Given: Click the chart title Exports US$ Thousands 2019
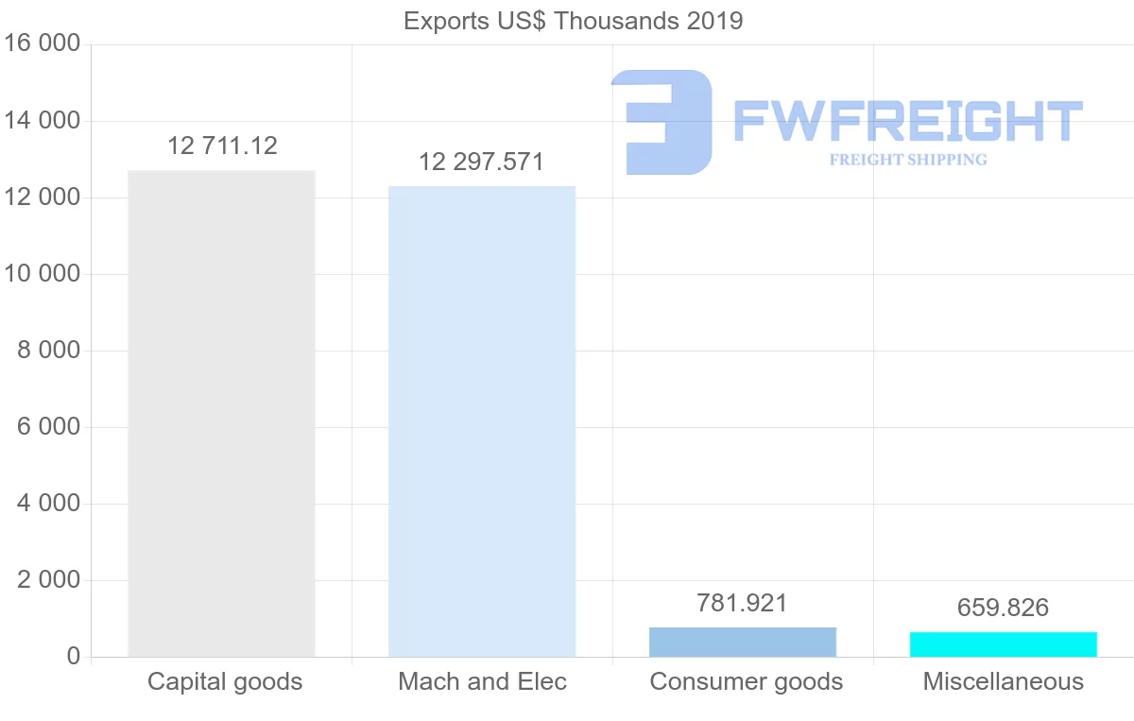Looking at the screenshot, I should (573, 21).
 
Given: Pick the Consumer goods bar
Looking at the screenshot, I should (743, 642).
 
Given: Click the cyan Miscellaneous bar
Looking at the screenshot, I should (1003, 644).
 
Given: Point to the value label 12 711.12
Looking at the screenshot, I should (223, 146).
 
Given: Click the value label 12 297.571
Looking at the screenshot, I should (482, 162).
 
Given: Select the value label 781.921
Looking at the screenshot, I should (742, 603).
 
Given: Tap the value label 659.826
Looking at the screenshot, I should (1003, 608).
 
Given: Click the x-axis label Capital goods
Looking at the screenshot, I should (225, 681).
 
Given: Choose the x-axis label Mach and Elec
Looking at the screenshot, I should (482, 681).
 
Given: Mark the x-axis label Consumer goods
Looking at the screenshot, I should (746, 681).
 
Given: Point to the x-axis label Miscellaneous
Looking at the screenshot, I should (1003, 681).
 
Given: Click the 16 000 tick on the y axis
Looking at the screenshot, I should (43, 44).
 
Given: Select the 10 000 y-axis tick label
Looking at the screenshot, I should (43, 274).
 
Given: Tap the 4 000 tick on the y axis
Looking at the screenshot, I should (48, 504).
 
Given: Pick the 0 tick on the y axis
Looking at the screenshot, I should (74, 657).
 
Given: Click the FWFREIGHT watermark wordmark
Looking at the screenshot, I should (907, 121).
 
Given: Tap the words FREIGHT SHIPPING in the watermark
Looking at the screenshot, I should (907, 160).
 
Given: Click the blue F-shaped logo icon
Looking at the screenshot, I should (661, 121).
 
